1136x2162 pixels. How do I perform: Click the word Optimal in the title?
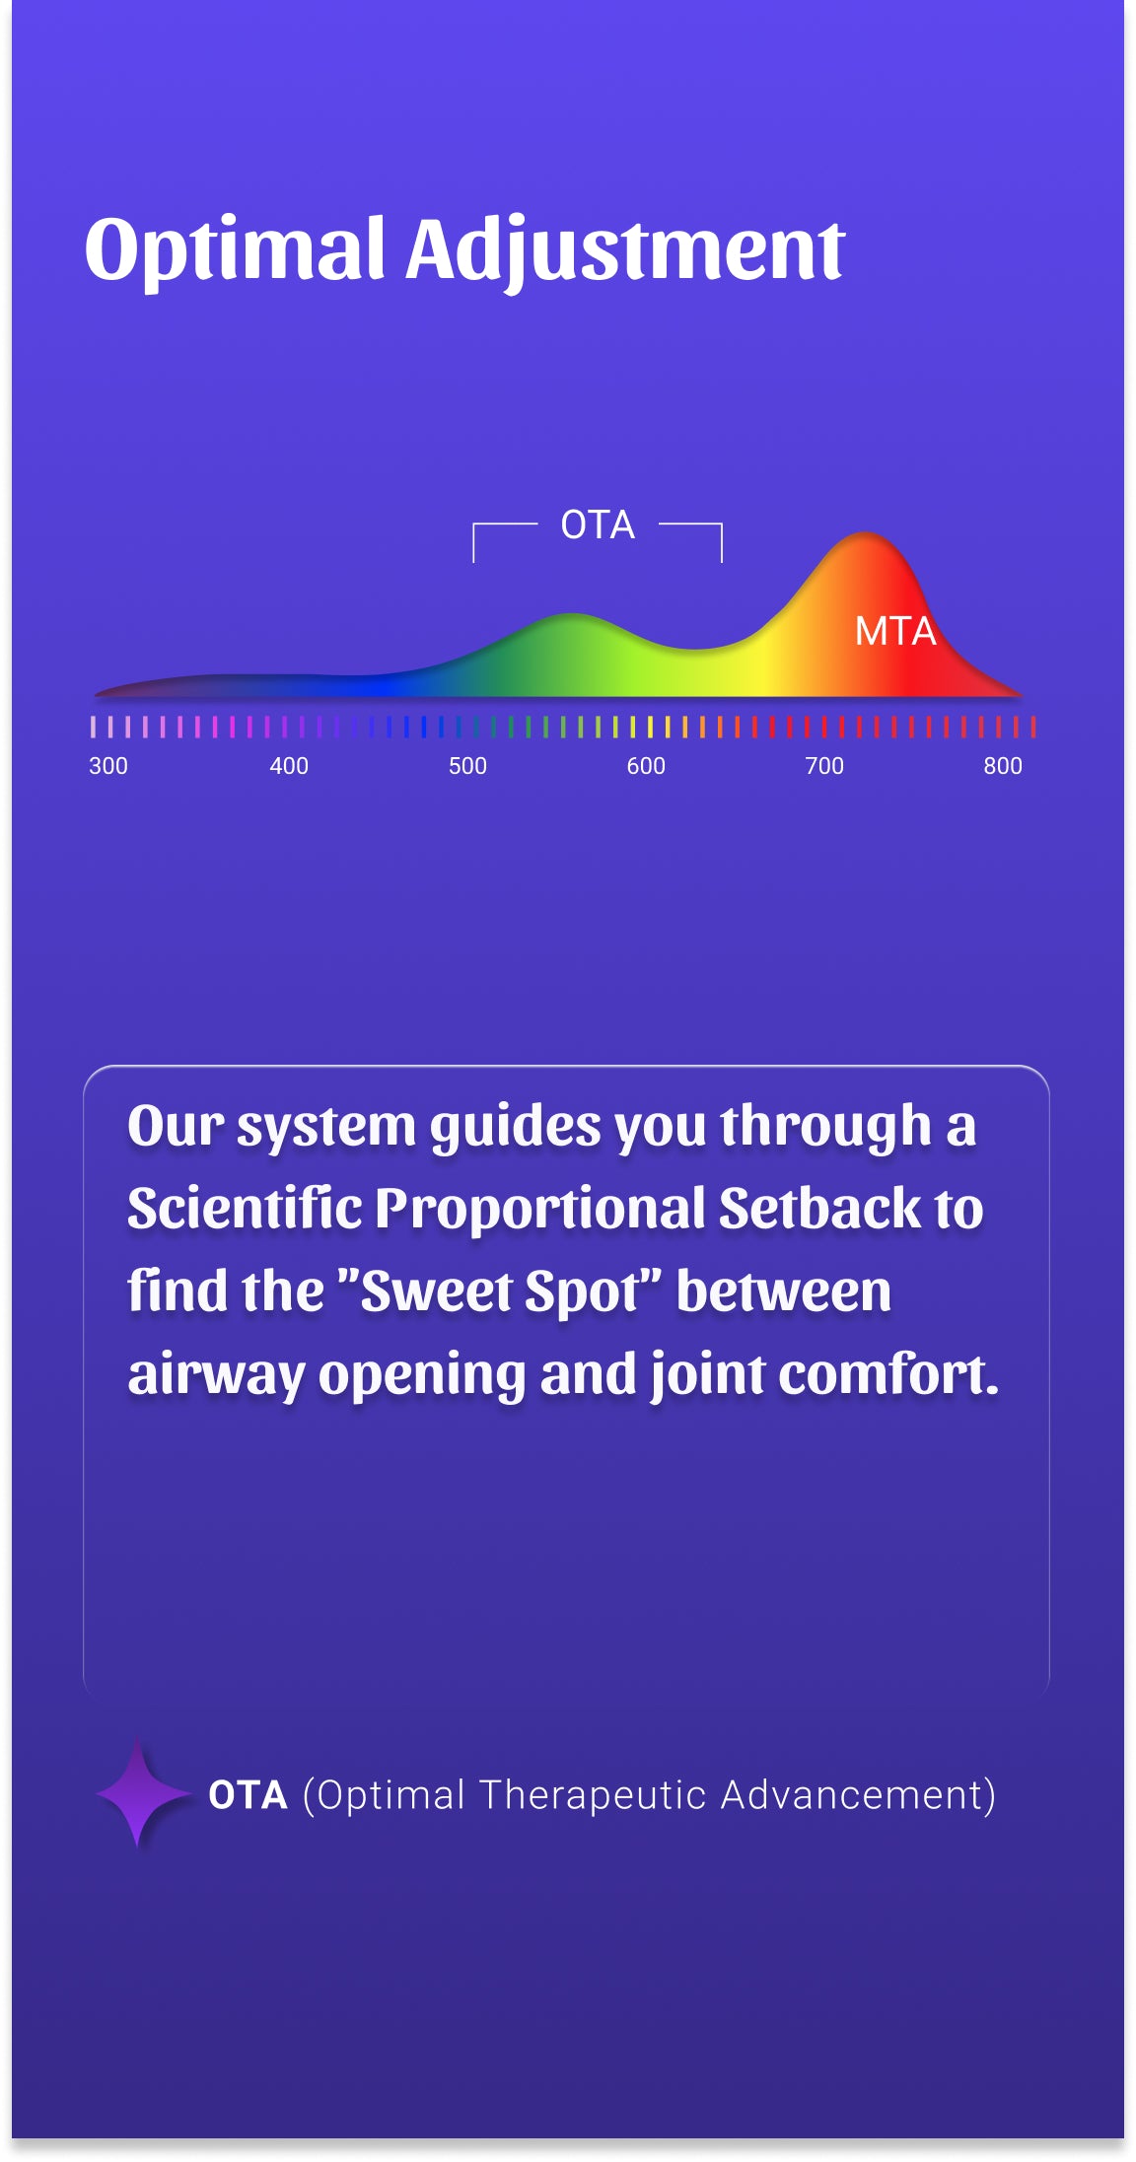(x=235, y=250)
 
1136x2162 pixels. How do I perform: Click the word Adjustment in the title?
(x=625, y=250)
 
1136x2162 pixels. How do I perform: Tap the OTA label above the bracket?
(x=598, y=524)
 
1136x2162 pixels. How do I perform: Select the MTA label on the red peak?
(x=895, y=631)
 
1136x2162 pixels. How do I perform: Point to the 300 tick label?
(x=108, y=766)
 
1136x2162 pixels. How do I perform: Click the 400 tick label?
(x=289, y=766)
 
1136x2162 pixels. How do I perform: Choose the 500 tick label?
(x=467, y=766)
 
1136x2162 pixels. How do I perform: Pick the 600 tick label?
(x=646, y=766)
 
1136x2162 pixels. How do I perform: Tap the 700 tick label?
(x=824, y=766)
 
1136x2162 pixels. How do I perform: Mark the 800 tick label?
(x=1003, y=766)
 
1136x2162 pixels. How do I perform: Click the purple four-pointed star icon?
(x=139, y=1794)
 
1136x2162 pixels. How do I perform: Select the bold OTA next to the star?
(x=248, y=1795)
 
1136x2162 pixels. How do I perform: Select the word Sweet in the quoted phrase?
(x=437, y=1291)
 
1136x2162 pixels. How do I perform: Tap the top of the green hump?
(x=571, y=614)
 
